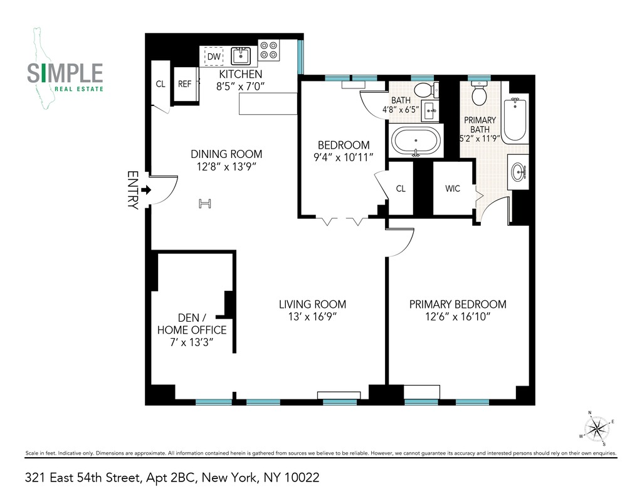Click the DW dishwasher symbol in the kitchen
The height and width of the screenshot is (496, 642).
pos(214,57)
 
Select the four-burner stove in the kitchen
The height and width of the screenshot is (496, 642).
pos(270,50)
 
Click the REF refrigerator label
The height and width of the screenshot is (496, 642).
pos(184,83)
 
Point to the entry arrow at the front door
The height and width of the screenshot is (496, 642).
pos(145,189)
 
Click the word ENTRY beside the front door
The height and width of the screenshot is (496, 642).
pos(132,189)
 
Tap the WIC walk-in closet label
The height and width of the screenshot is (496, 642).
pos(453,189)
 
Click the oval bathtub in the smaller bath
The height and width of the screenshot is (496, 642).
pos(416,142)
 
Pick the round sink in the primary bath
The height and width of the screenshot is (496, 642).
pos(519,170)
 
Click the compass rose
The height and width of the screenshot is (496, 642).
pos(598,429)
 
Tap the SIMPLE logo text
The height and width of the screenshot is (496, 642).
pos(65,73)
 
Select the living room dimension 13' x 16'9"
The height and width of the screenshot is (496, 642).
pos(312,317)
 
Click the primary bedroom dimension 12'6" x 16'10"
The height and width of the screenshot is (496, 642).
pos(458,317)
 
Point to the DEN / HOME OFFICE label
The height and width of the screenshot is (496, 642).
pos(191,330)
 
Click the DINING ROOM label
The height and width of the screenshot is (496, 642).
pos(226,154)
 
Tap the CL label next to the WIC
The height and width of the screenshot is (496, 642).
pos(401,189)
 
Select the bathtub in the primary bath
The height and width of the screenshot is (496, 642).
pos(516,119)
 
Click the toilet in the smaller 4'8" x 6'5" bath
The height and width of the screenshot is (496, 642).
pos(424,90)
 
